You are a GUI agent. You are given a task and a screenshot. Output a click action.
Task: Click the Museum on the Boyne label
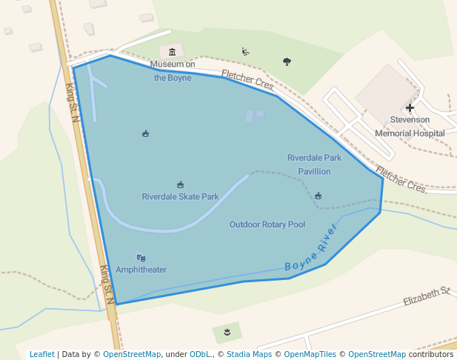point(173,71)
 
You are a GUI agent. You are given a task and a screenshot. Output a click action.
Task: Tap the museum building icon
point(173,52)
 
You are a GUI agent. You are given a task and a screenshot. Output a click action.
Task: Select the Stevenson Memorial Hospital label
point(410,126)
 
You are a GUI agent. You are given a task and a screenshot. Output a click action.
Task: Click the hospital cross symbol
point(410,108)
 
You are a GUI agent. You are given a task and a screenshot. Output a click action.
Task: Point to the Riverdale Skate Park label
point(180,197)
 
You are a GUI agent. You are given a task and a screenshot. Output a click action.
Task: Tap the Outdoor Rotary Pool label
point(267,224)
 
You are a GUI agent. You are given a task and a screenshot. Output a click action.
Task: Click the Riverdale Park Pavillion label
point(314,164)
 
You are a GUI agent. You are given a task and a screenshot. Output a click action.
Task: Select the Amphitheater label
point(141,270)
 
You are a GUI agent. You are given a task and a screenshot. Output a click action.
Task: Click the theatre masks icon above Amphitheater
point(141,258)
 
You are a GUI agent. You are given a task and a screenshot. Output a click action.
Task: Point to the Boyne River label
point(311,247)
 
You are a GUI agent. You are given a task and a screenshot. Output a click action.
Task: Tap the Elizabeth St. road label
point(427,297)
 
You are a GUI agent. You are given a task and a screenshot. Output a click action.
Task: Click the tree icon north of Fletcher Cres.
point(287,61)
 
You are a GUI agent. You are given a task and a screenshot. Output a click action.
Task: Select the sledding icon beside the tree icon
point(245,52)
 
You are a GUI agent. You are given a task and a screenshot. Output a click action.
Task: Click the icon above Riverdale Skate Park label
point(180,184)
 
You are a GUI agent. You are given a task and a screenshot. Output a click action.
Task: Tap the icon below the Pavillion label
point(318,196)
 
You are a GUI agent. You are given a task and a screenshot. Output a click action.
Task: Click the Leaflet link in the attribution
point(41,354)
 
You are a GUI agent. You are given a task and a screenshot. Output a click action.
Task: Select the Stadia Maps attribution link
point(249,354)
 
